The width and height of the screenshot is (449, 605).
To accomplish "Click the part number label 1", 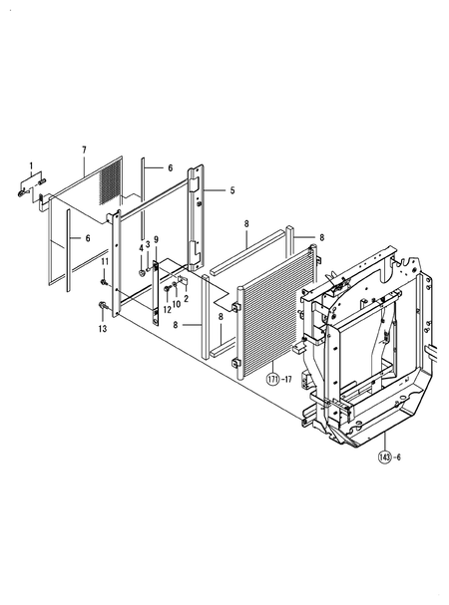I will tap(30, 164).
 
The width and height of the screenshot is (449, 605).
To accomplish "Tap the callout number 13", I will tap(102, 328).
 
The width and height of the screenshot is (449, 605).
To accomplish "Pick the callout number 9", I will tap(156, 239).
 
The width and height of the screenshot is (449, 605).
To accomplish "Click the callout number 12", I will tap(167, 309).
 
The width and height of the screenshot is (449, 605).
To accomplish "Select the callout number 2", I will tap(186, 298).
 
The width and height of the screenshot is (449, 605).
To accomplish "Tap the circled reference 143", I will tap(383, 457).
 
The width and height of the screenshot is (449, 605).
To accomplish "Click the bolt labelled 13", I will tap(103, 305).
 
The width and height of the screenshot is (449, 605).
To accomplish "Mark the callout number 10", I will tap(177, 303).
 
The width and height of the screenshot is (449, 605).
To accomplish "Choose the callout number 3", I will tap(148, 244).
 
